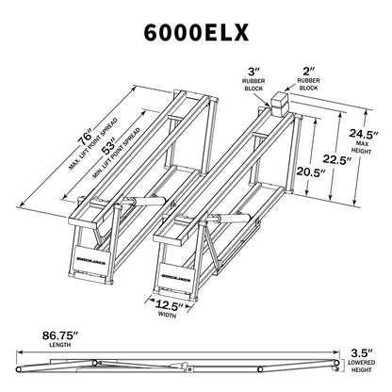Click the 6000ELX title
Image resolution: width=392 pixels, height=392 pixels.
[x=196, y=30]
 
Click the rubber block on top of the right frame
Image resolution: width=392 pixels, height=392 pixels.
[x=279, y=104]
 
